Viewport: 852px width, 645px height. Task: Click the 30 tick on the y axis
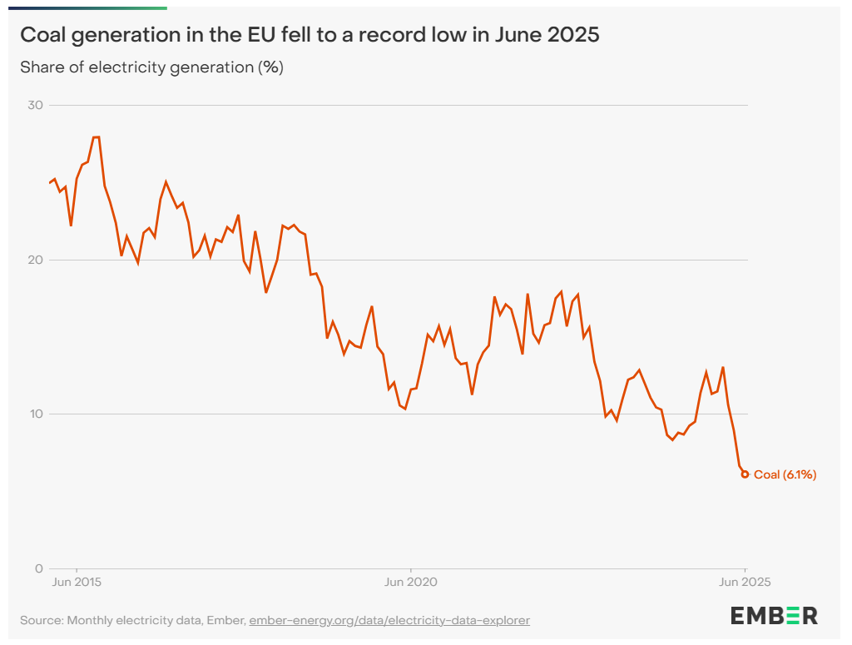(37, 106)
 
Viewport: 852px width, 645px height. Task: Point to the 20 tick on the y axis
(37, 260)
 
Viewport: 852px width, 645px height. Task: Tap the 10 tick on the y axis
(37, 414)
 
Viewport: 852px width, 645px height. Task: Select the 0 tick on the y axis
(39, 568)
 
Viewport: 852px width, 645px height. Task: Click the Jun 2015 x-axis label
(77, 582)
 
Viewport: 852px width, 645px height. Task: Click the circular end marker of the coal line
(745, 474)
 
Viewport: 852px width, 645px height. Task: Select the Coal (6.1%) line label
(785, 475)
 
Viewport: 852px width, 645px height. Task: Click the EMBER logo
(774, 616)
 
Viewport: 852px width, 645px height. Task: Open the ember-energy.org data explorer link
(389, 620)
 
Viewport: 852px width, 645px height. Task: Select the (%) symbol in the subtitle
(270, 67)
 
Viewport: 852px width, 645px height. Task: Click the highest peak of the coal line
(97, 137)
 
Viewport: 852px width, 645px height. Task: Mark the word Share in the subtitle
(41, 67)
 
